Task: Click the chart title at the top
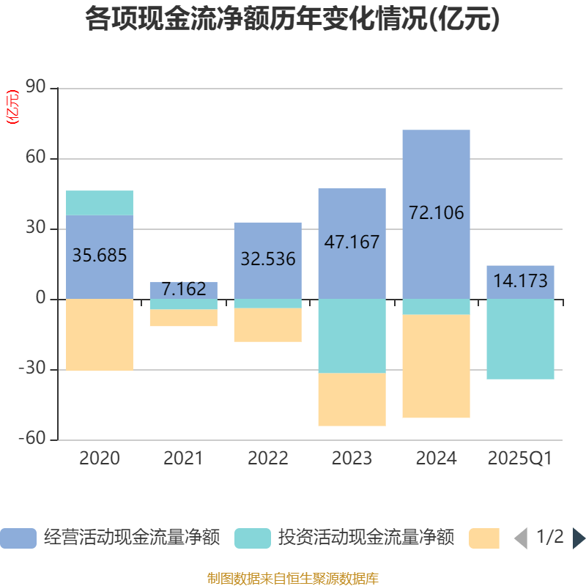tap(293, 20)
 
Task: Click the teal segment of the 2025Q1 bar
tap(520, 339)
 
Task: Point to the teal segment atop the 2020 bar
tap(100, 203)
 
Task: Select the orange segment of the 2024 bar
tap(436, 366)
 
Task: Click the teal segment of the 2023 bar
tap(352, 336)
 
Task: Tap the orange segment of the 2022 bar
tap(267, 325)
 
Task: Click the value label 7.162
tap(184, 289)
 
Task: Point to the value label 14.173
tap(520, 281)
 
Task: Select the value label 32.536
tap(267, 259)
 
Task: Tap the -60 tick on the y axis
tap(32, 439)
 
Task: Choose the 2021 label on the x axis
tap(184, 459)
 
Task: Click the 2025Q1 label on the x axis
tap(520, 459)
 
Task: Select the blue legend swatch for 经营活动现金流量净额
tap(18, 538)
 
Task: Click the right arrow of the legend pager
tap(579, 538)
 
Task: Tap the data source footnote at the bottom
tap(293, 579)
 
